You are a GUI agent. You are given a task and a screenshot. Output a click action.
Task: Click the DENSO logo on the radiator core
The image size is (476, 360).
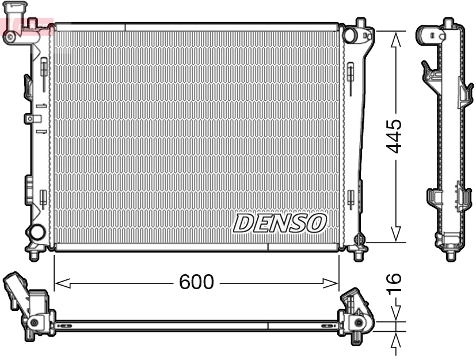point(280,223)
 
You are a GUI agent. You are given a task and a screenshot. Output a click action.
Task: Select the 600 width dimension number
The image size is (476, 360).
point(196,282)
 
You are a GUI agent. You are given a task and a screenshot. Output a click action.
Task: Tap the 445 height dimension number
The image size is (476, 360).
point(394,137)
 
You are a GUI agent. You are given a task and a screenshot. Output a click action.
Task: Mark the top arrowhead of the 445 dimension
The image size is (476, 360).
point(395,39)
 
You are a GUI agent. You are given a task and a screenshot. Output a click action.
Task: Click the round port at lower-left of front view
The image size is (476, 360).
point(37,233)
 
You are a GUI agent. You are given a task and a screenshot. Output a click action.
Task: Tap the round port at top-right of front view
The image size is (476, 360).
point(350,35)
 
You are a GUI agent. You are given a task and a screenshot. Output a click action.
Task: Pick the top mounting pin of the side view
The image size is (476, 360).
point(448,23)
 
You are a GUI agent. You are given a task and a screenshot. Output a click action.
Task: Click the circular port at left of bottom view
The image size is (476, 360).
point(35,323)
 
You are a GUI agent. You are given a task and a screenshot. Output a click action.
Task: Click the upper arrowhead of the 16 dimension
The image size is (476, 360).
point(395,314)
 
